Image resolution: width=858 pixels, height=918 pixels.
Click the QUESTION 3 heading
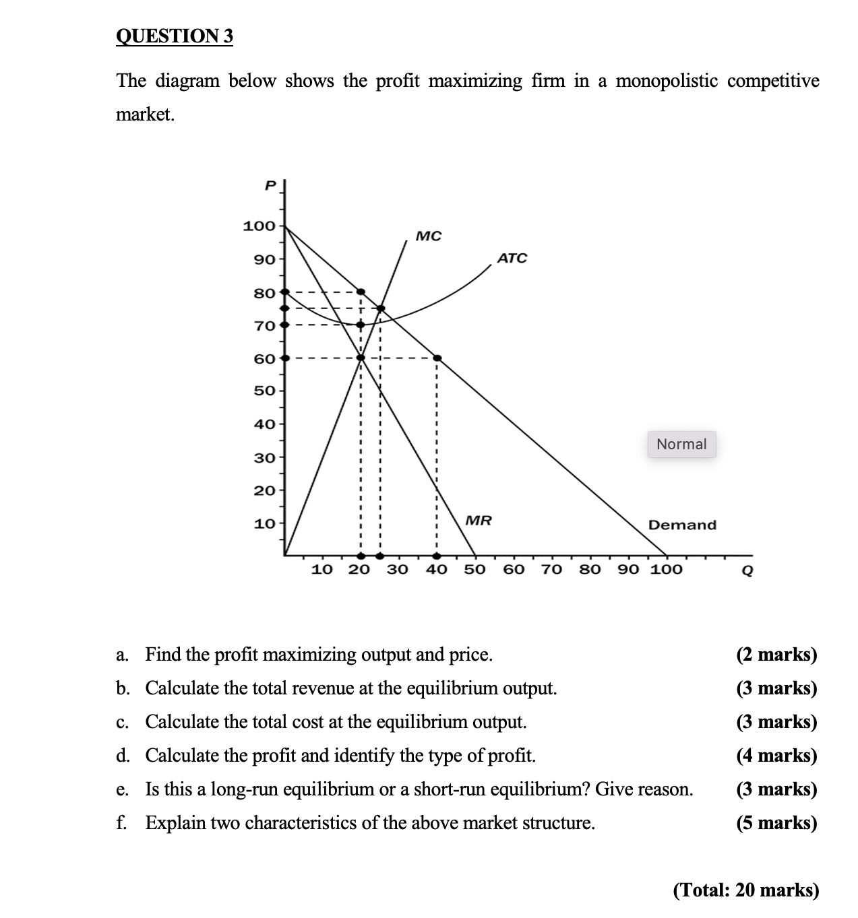[175, 36]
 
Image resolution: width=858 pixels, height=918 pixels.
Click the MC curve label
[429, 236]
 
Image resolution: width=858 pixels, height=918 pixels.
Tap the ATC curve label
[512, 258]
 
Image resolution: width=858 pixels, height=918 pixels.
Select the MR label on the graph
[479, 521]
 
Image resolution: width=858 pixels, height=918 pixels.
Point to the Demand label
[682, 525]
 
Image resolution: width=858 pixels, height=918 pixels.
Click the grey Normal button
[681, 445]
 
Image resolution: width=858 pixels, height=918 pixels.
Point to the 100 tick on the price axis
[259, 226]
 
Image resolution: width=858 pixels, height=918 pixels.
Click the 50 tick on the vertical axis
[264, 391]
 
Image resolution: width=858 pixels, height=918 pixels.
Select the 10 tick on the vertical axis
[264, 523]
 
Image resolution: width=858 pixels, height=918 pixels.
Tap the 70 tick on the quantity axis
[552, 570]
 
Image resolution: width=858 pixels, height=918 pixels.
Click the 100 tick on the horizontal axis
[666, 570]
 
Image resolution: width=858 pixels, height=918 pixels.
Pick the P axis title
[270, 185]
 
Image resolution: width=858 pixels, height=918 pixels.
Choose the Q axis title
[746, 571]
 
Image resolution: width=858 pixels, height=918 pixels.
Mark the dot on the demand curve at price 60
[437, 358]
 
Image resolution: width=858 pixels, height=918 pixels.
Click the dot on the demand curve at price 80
[361, 292]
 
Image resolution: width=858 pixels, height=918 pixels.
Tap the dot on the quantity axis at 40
[437, 556]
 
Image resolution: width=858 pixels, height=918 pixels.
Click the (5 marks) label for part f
[776, 823]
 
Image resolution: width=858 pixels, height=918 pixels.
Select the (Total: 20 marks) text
[746, 890]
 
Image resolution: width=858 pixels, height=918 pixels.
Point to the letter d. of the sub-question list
[123, 756]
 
